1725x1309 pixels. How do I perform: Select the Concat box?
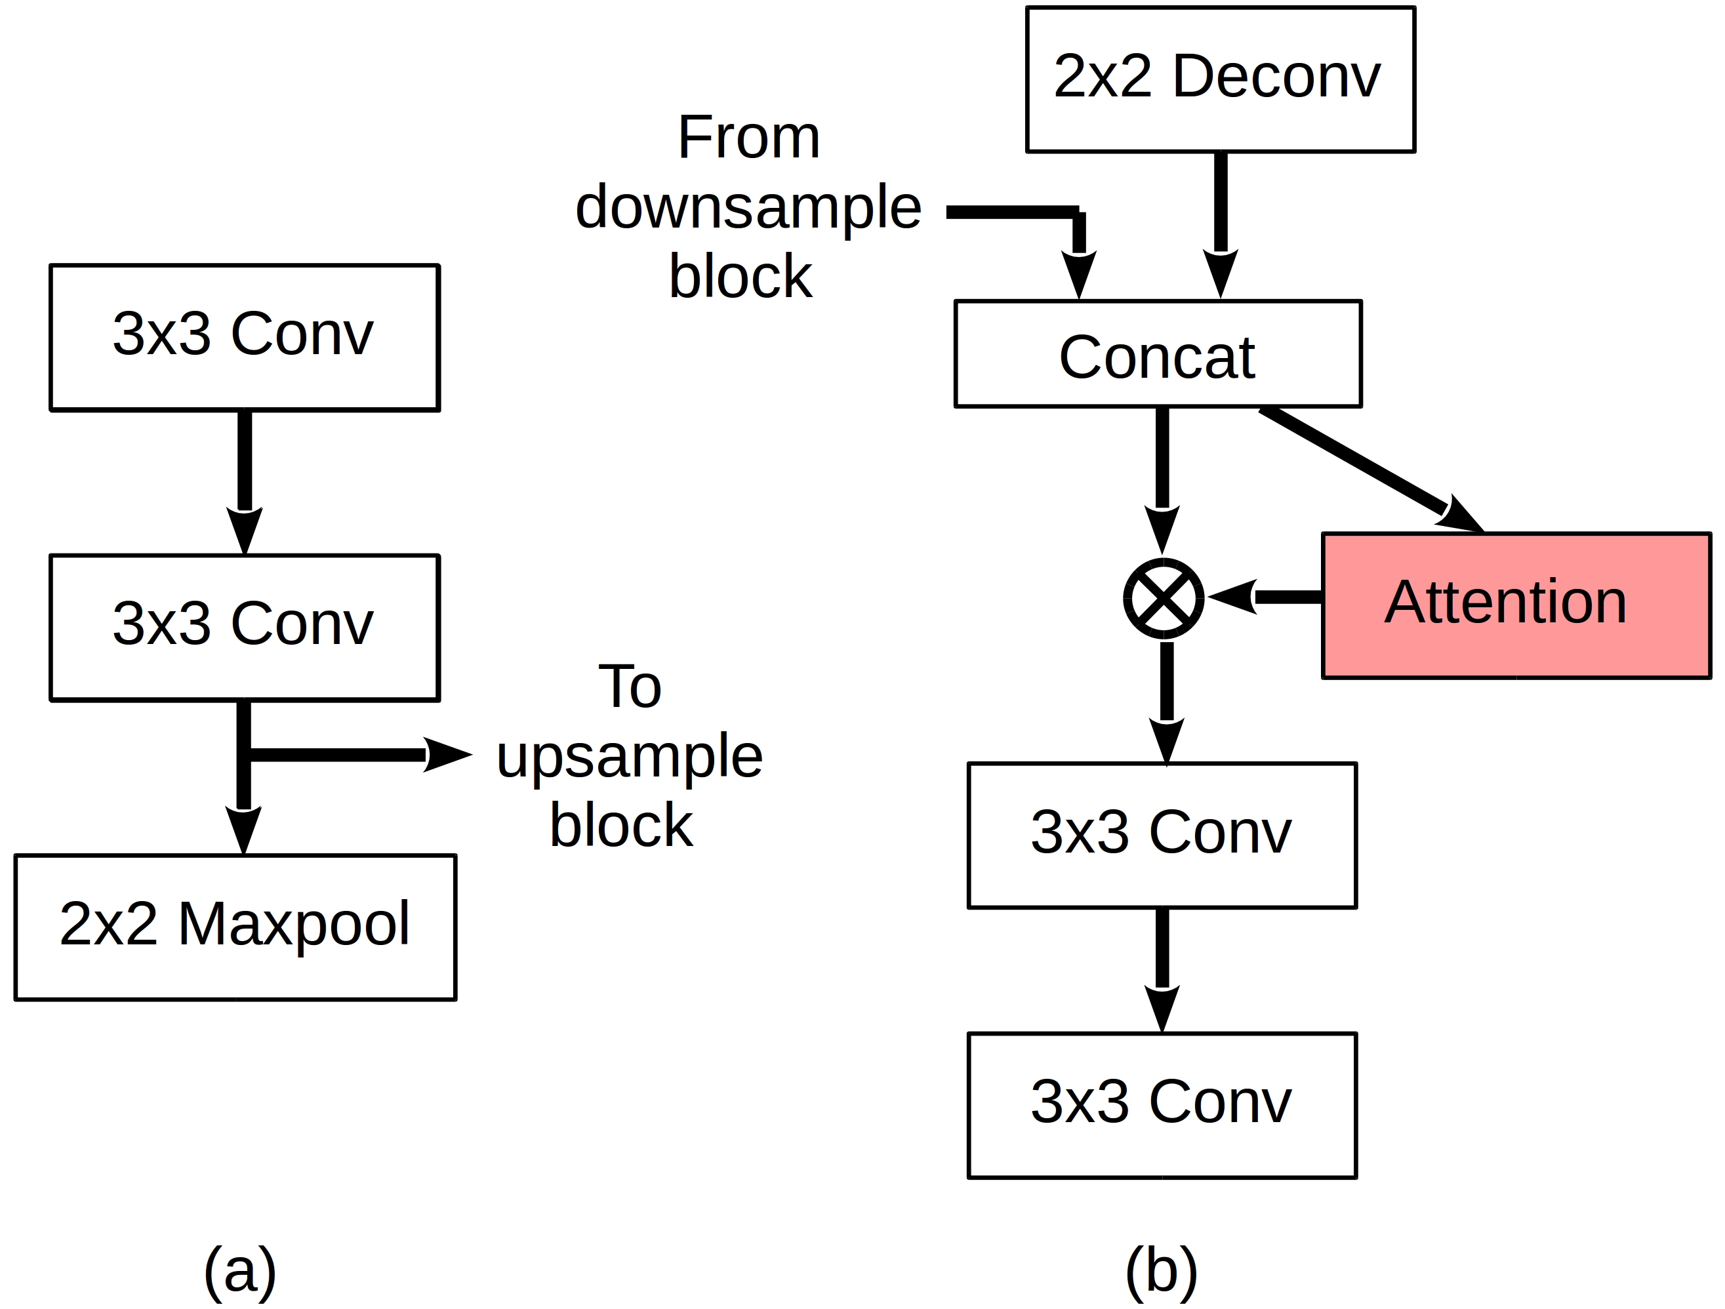[1158, 354]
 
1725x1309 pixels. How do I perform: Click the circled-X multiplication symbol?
[1164, 599]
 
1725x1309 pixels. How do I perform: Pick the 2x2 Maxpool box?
[235, 927]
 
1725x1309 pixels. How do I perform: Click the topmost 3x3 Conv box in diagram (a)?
[244, 338]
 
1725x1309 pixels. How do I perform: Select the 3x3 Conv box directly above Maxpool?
[244, 628]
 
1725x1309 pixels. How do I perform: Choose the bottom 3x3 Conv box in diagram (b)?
[1162, 1105]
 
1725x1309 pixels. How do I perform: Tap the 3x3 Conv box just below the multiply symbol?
[1162, 835]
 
